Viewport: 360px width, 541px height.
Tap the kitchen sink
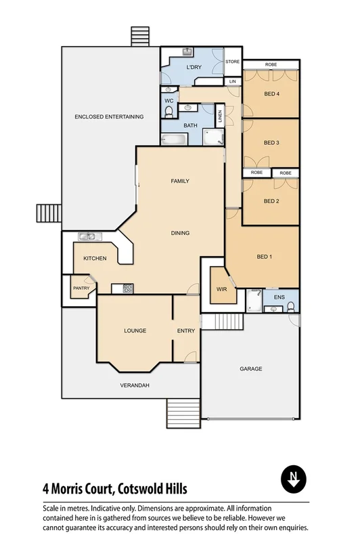pyautogui.click(x=87, y=236)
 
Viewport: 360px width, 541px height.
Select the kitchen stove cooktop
pyautogui.click(x=127, y=289)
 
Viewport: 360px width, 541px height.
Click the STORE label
pyautogui.click(x=233, y=62)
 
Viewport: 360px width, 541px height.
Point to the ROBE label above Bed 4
pyautogui.click(x=271, y=64)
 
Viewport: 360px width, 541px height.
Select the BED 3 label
pyautogui.click(x=271, y=143)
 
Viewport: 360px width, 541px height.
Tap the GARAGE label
pyautogui.click(x=250, y=369)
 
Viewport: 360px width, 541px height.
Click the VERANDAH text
pyautogui.click(x=135, y=385)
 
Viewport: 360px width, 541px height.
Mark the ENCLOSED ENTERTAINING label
pyautogui.click(x=109, y=116)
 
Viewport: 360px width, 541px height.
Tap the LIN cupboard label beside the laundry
pyautogui.click(x=233, y=81)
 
